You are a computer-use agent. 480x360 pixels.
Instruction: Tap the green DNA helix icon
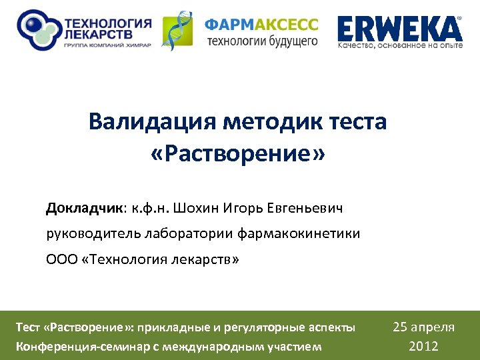pos(178,29)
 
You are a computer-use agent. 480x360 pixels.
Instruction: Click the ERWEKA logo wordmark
pos(399,28)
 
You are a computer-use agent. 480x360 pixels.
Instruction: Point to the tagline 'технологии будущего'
pos(261,41)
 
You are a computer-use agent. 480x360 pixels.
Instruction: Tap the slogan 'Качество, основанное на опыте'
pos(399,46)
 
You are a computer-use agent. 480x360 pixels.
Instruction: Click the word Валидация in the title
pos(153,123)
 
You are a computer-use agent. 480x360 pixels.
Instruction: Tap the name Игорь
pos(243,208)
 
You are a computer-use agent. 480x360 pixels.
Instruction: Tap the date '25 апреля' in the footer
pos(424,327)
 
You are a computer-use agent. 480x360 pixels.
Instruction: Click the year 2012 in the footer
pos(424,346)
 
